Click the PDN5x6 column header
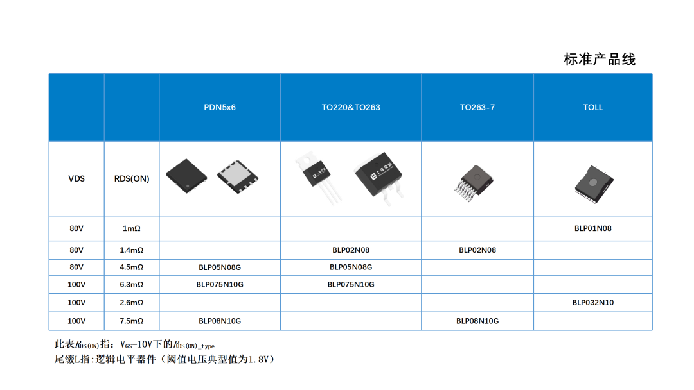pos(220,107)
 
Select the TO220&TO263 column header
pos(351,107)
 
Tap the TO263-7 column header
pos(477,107)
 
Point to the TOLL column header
pos(592,107)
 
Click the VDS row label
pos(76,178)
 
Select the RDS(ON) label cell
pos(132,178)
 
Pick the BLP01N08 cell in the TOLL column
pos(592,228)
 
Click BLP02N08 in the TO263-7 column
pos(477,250)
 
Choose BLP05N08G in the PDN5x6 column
pos(220,267)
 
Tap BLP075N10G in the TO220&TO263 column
pos(351,284)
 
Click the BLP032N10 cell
pos(592,303)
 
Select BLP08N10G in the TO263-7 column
pos(477,321)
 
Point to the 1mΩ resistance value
pos(132,228)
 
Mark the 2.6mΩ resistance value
pos(132,303)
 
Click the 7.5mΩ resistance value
pos(132,321)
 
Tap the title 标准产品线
pos(600,59)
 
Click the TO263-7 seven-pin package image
pos(474,182)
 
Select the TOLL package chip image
pos(594,184)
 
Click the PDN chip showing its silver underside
pos(238,176)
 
